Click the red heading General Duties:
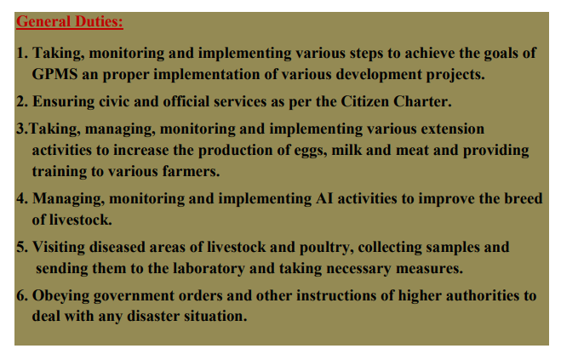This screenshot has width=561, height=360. pyautogui.click(x=70, y=21)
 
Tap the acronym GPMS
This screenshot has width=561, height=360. pyautogui.click(x=54, y=74)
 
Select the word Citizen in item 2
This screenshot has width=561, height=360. pyautogui.click(x=364, y=101)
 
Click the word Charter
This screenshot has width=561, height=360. pyautogui.click(x=422, y=101)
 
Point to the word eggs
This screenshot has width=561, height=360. pyautogui.click(x=311, y=151)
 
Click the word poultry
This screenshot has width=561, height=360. pyautogui.click(x=327, y=248)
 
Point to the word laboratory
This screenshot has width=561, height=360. pyautogui.click(x=209, y=269)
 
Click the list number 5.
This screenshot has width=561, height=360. pyautogui.click(x=21, y=248)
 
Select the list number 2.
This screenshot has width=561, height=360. pyautogui.click(x=21, y=101)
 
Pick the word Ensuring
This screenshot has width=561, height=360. pyautogui.click(x=63, y=102)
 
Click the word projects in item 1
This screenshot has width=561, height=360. pyautogui.click(x=455, y=75)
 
